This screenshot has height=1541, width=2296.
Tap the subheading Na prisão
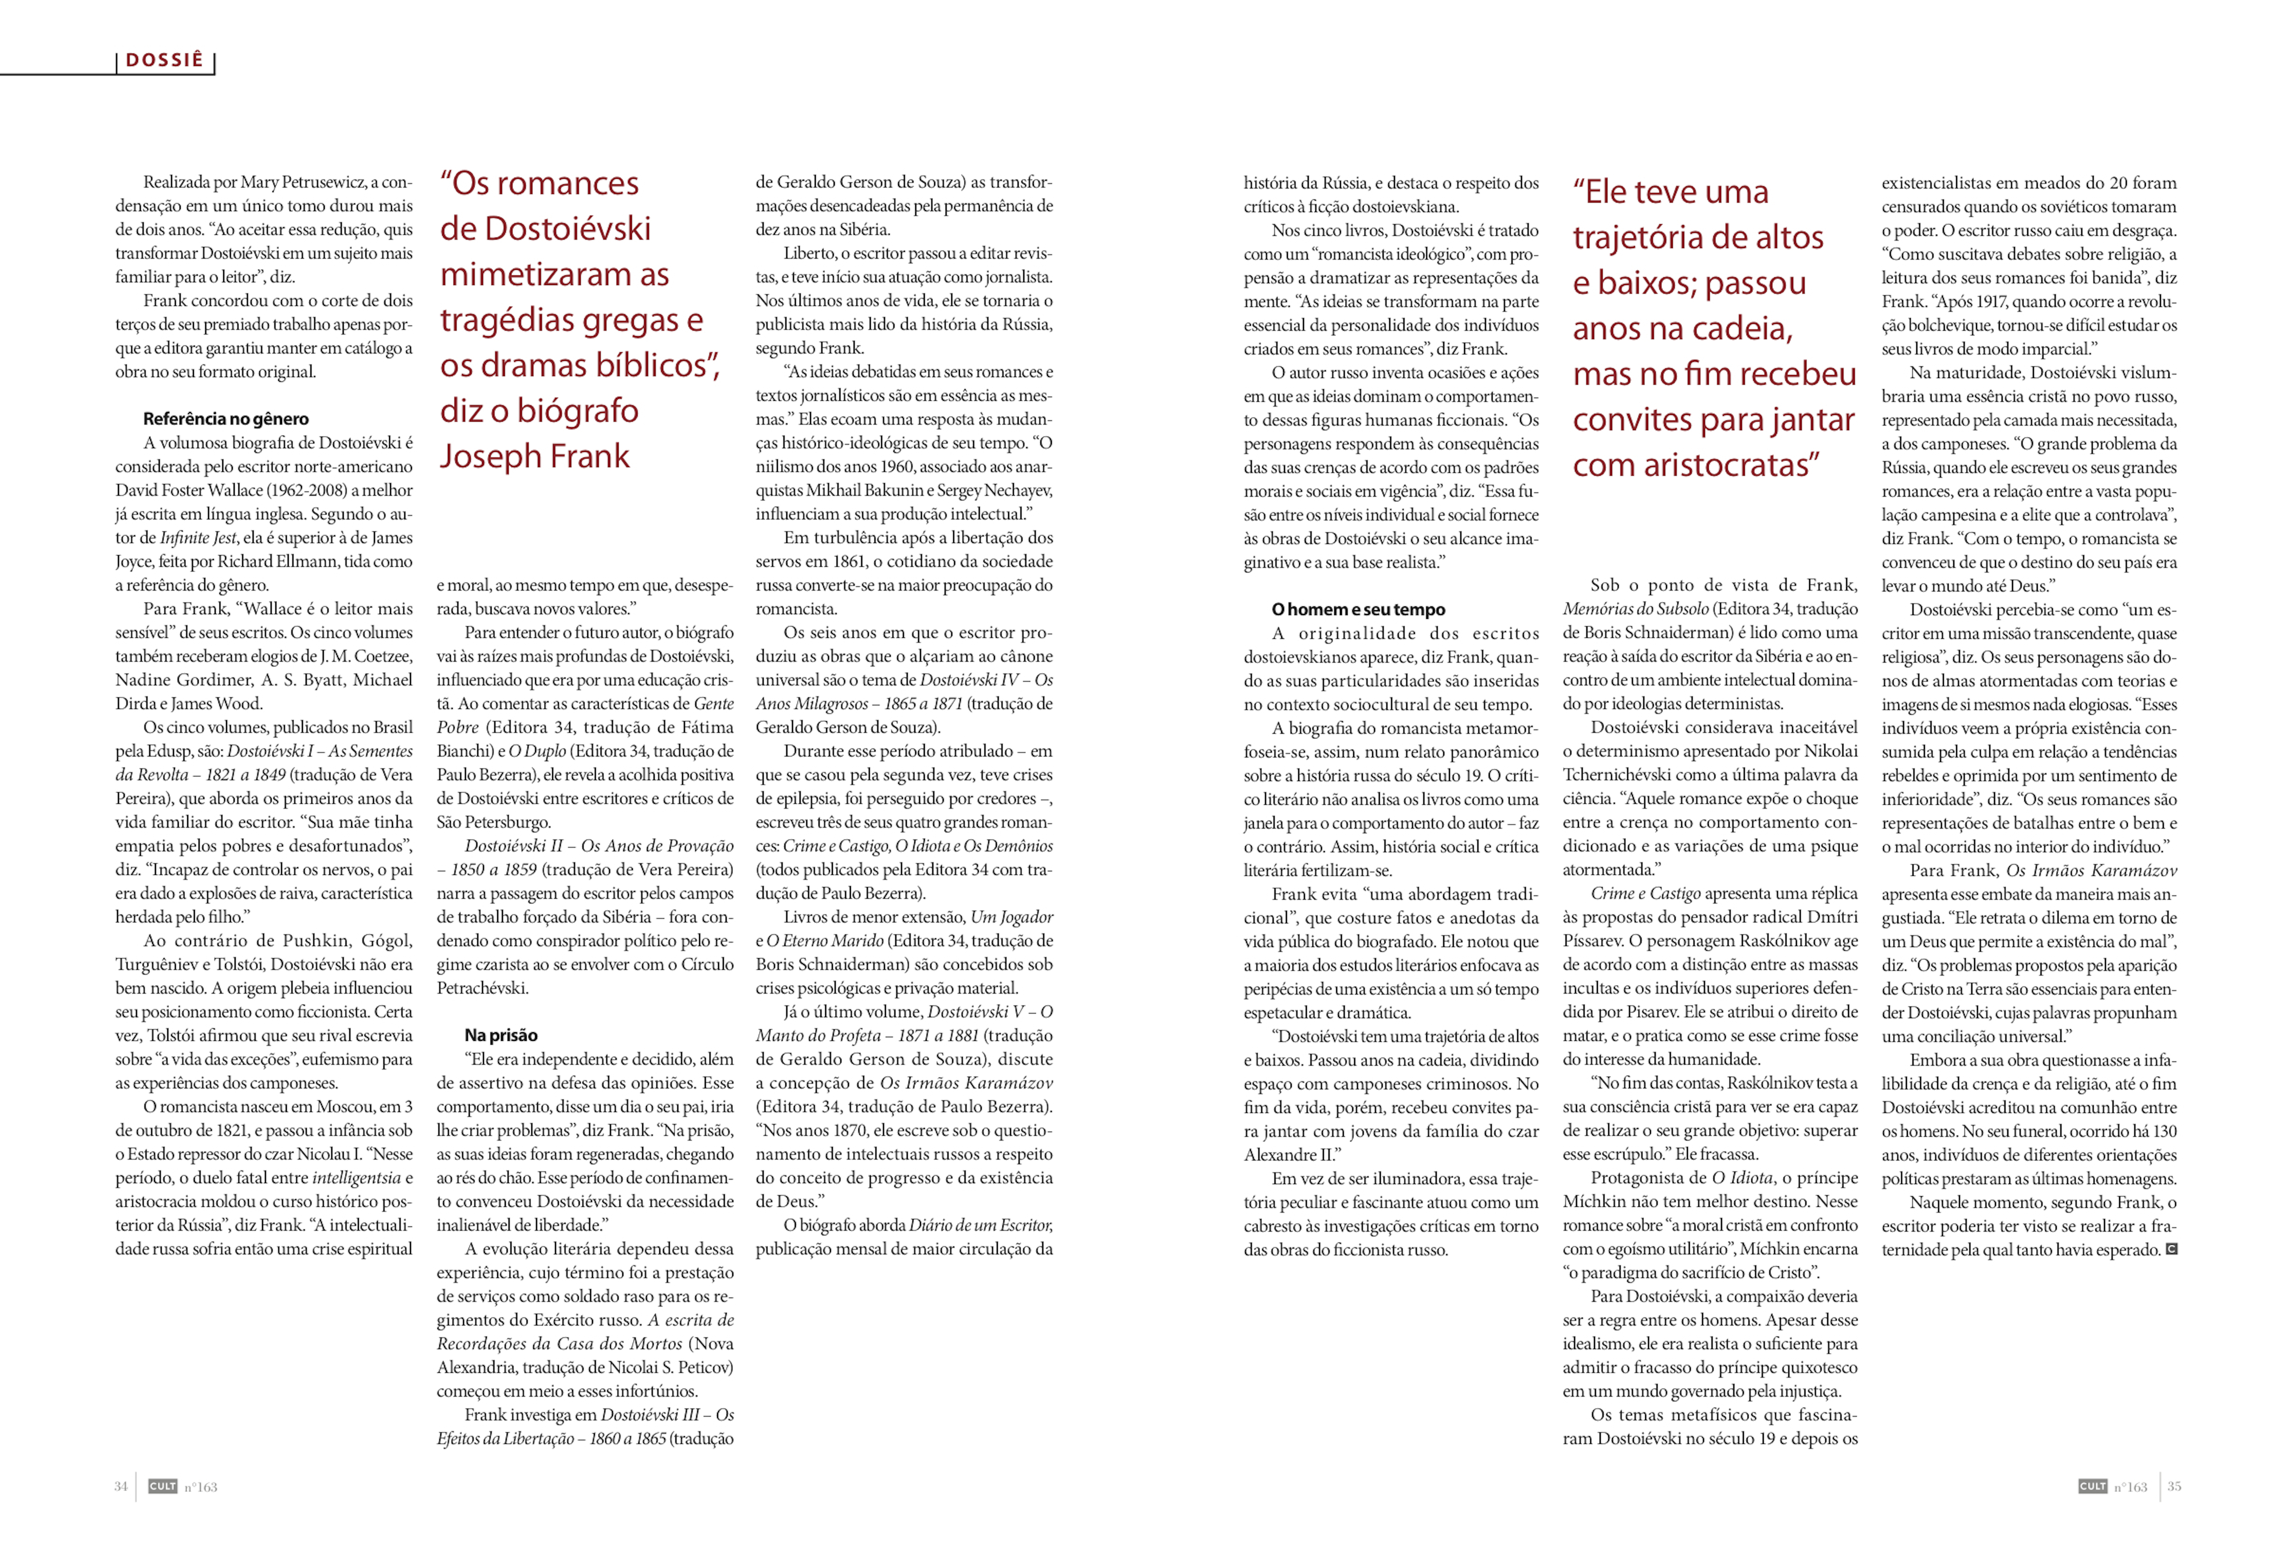click(501, 1035)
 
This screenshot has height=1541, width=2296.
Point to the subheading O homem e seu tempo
click(1358, 609)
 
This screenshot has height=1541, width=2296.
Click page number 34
click(121, 1486)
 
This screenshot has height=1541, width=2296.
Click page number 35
click(2174, 1486)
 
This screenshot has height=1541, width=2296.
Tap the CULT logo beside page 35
click(2093, 1486)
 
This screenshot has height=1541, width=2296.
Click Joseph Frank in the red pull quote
click(535, 456)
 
